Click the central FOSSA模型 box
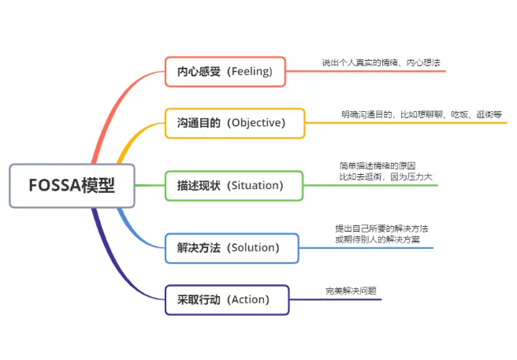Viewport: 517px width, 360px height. pyautogui.click(x=72, y=186)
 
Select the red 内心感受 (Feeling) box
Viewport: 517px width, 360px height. pyautogui.click(x=224, y=72)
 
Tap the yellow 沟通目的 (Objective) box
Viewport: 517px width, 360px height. pyautogui.click(x=234, y=123)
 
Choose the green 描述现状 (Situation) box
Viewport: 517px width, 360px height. pyautogui.click(x=234, y=185)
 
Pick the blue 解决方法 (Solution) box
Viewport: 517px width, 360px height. pyautogui.click(x=232, y=247)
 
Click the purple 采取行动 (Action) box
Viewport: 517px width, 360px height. pyautogui.click(x=227, y=299)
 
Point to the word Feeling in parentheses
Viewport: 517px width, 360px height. pyautogui.click(x=249, y=72)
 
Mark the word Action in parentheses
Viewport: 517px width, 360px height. pyautogui.click(x=248, y=299)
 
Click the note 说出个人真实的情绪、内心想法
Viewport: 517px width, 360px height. pyautogui.click(x=375, y=62)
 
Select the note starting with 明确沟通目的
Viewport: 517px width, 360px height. pyautogui.click(x=421, y=114)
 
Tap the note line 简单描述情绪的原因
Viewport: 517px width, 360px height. pyautogui.click(x=378, y=166)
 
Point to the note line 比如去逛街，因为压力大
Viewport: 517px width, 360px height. pyautogui.click(x=386, y=177)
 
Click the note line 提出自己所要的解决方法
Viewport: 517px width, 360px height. pyautogui.click(x=381, y=228)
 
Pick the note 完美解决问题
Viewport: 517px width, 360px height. pyautogui.click(x=351, y=291)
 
